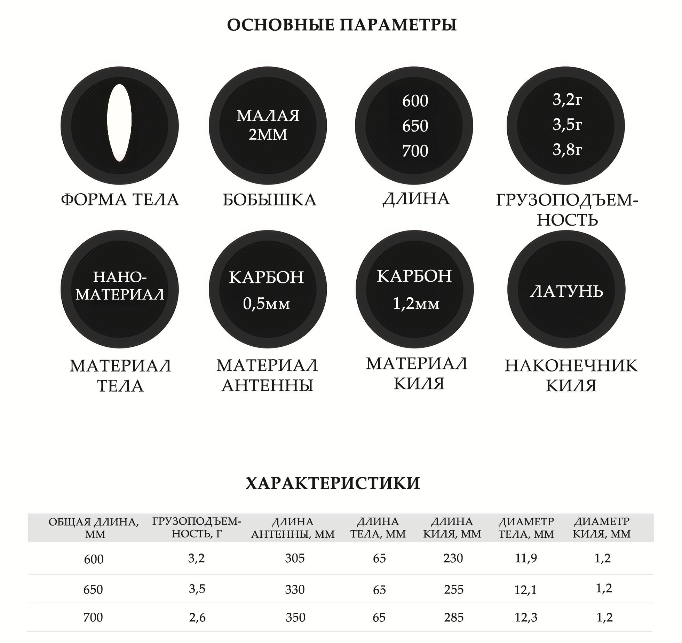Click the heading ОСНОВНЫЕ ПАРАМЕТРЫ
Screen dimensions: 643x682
point(342,25)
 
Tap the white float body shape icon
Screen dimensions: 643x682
point(119,123)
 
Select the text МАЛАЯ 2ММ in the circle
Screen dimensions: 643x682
point(268,125)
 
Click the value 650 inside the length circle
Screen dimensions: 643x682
point(415,126)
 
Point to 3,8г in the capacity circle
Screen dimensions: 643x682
point(567,150)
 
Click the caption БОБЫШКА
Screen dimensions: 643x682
point(269,200)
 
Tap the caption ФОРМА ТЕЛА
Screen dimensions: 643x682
point(120,200)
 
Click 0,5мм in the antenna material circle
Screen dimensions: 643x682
point(266,304)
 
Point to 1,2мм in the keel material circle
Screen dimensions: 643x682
point(416,304)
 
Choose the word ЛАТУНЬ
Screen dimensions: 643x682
point(566,291)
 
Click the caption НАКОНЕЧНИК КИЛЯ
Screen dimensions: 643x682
point(571,376)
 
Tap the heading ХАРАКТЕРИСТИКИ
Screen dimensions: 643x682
point(333,483)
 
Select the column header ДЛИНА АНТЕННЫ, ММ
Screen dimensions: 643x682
point(293,528)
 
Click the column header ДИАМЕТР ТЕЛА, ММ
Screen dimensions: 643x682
point(526,528)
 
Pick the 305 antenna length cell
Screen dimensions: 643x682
point(295,558)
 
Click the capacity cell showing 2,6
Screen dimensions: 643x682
point(197,618)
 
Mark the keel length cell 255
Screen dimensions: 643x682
point(454,589)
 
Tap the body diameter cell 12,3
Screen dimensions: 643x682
point(526,618)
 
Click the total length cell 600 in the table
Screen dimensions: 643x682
point(94,559)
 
